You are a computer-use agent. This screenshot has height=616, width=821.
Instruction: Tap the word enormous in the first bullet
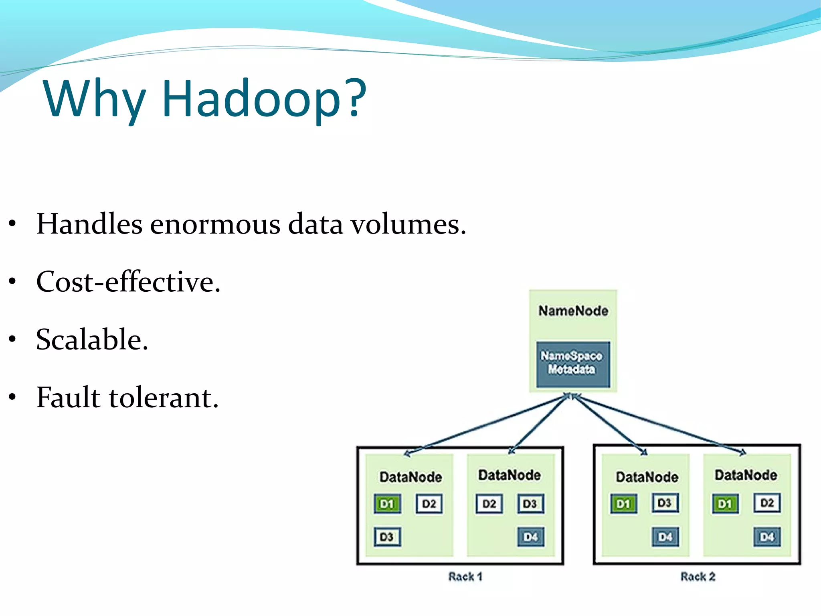point(215,224)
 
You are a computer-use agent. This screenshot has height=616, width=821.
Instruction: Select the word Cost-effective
point(128,282)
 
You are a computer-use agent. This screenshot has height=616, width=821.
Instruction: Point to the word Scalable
point(92,340)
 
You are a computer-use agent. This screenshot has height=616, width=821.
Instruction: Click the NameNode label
point(573,311)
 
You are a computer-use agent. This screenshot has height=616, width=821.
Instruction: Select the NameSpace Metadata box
point(573,364)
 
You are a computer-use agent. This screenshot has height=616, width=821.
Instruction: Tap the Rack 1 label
point(465,577)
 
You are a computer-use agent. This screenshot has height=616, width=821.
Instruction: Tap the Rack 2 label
point(698,577)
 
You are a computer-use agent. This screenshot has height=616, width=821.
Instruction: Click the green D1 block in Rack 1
point(387,504)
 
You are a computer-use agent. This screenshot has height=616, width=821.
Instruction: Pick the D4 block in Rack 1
point(531,537)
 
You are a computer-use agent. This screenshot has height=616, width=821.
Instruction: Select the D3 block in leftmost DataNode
point(387,537)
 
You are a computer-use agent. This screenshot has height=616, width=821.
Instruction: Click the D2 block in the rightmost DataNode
point(767,503)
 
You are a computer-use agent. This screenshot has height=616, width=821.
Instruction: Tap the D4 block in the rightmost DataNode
point(767,537)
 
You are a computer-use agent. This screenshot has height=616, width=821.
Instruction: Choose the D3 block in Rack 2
point(665,503)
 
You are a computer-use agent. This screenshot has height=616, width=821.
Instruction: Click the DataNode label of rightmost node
point(746,475)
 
